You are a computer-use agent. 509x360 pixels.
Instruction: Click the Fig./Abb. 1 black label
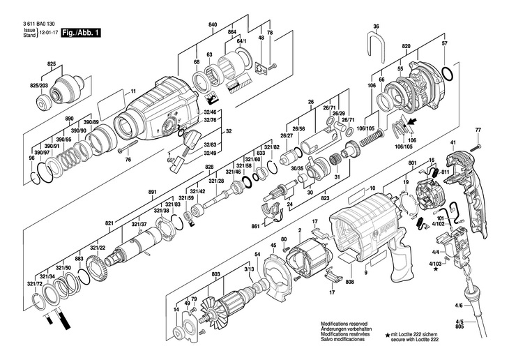pyautogui.click(x=81, y=33)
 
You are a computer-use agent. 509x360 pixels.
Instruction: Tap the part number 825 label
pyautogui.click(x=52, y=64)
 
